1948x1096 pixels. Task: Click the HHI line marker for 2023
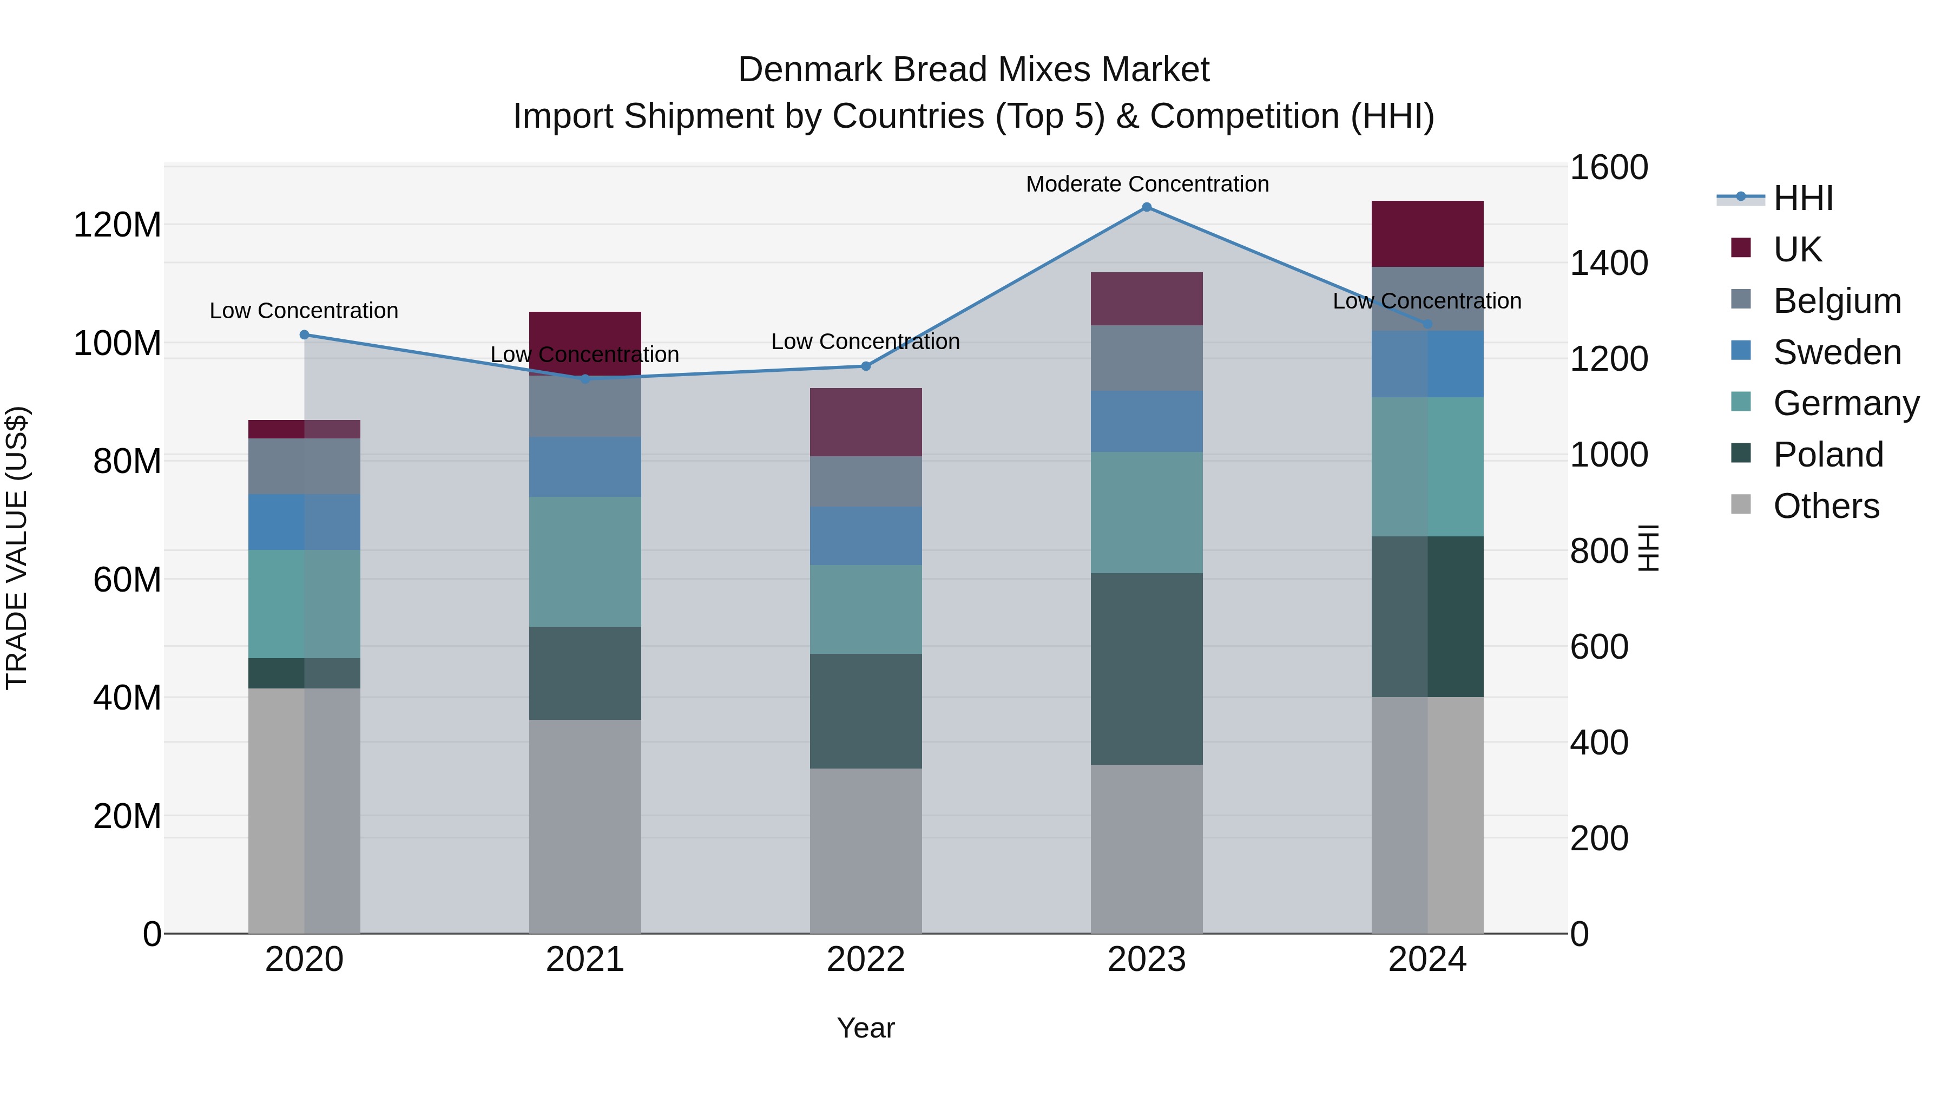click(x=1147, y=207)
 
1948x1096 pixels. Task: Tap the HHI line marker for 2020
click(x=304, y=335)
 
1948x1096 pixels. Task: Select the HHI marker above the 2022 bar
click(x=866, y=366)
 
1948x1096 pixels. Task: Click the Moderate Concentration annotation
click(x=1147, y=185)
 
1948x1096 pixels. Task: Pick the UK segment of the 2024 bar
click(x=1427, y=234)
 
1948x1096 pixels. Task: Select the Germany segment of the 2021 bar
click(x=584, y=562)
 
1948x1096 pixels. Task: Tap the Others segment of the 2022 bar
click(x=866, y=851)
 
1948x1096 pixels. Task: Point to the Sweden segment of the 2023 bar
click(x=1147, y=421)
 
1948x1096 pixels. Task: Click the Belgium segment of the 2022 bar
click(x=866, y=482)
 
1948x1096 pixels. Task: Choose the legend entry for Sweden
click(x=1836, y=352)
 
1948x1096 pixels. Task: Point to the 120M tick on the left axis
click(x=117, y=225)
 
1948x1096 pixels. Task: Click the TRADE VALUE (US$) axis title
click(x=17, y=548)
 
